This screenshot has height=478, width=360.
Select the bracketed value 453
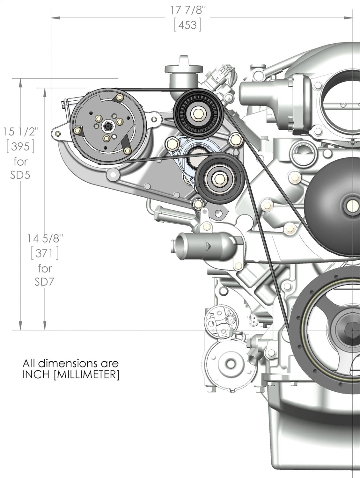pyautogui.click(x=187, y=25)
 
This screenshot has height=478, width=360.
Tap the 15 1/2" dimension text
pyautogui.click(x=21, y=131)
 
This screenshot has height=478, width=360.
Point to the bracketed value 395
pyautogui.click(x=21, y=147)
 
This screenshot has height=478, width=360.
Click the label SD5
pyautogui.click(x=20, y=175)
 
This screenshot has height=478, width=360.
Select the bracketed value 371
pyautogui.click(x=45, y=253)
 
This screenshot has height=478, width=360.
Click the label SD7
pyautogui.click(x=45, y=282)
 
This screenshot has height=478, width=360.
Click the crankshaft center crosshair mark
pyautogui.click(x=352, y=330)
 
